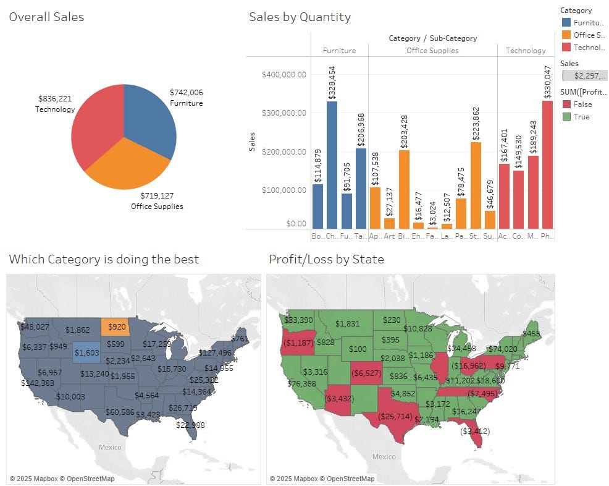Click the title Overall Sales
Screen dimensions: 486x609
point(46,17)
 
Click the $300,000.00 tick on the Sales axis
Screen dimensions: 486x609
point(284,113)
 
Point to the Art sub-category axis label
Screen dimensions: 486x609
point(389,236)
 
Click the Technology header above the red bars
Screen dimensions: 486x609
point(526,51)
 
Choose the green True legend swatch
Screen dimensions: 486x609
point(566,117)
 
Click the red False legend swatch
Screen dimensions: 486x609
point(566,104)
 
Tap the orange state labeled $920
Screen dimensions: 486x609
point(117,326)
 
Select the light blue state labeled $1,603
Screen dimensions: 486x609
point(86,352)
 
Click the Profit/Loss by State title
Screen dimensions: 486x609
point(326,259)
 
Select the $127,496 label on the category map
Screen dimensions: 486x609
point(215,353)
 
